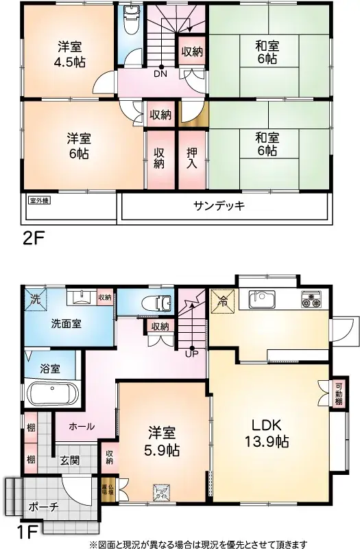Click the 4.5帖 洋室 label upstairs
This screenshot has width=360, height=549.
click(67, 54)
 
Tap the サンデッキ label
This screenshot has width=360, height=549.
click(219, 206)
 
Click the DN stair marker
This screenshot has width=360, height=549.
click(160, 73)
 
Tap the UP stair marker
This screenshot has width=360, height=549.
click(191, 354)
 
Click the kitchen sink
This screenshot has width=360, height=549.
click(263, 300)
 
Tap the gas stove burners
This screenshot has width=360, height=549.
click(312, 300)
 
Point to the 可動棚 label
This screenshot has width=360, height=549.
click(339, 394)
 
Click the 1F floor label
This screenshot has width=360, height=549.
click(29, 531)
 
